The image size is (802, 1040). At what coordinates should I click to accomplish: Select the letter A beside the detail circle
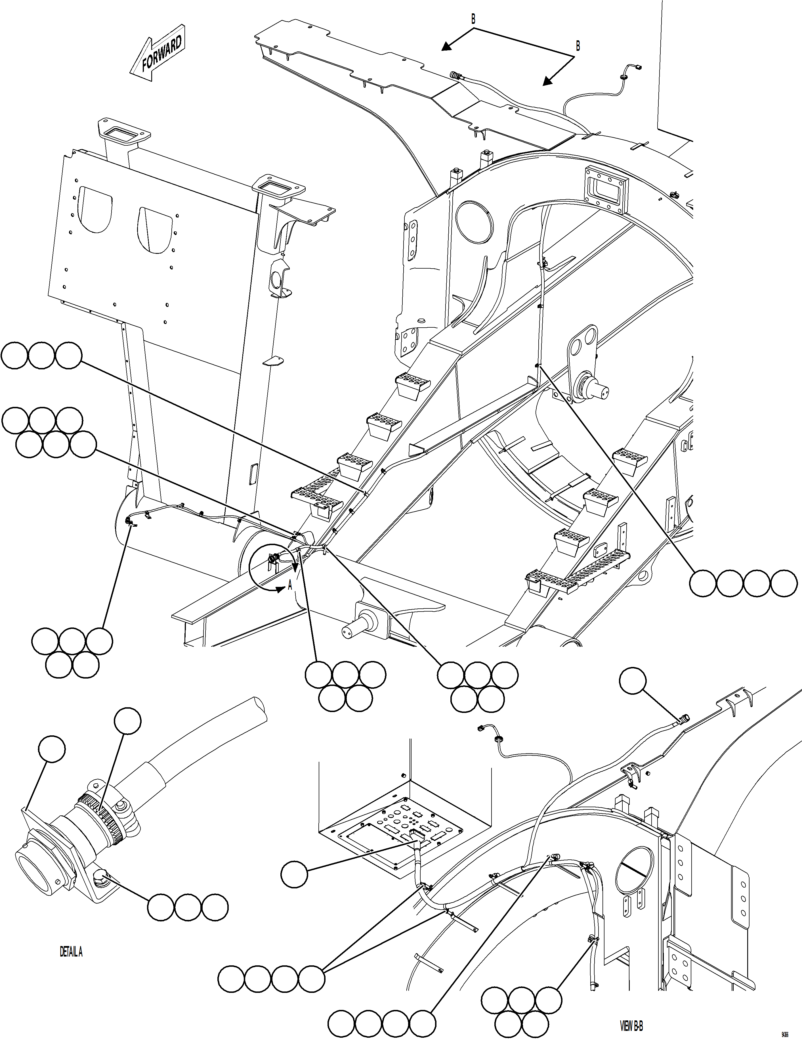290,587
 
